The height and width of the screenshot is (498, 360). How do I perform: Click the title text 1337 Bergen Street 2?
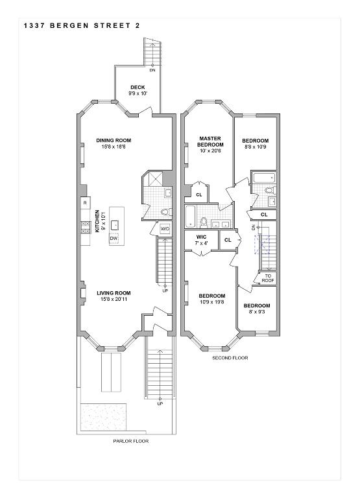tap(82, 26)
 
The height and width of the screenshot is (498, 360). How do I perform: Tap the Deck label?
tap(138, 88)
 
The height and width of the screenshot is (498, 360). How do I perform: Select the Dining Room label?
tap(114, 140)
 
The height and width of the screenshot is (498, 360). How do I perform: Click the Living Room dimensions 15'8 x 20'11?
tap(114, 299)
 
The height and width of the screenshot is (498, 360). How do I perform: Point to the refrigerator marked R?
tap(85, 202)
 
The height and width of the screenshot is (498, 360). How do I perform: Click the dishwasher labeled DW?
tap(114, 239)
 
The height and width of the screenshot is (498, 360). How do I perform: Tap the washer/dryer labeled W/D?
tap(165, 229)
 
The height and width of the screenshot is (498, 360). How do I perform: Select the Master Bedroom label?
tap(210, 141)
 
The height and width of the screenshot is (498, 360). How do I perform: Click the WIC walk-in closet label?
tap(202, 237)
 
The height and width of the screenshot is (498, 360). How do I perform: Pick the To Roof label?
tap(268, 278)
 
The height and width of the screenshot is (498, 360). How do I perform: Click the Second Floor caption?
tap(230, 358)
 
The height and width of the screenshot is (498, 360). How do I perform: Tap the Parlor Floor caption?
tap(131, 441)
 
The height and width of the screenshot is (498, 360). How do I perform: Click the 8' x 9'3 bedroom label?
tap(257, 312)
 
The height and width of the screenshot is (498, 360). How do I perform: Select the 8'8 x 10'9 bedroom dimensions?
tap(256, 147)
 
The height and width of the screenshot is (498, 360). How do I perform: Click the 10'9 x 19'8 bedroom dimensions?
tap(212, 302)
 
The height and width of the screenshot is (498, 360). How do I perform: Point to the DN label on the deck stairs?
tap(152, 70)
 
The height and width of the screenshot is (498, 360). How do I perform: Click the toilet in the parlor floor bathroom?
tap(166, 212)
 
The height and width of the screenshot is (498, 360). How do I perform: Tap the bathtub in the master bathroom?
tap(190, 217)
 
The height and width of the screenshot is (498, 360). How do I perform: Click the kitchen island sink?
tap(115, 225)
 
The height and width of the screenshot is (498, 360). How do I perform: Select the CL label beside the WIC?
tap(228, 240)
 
